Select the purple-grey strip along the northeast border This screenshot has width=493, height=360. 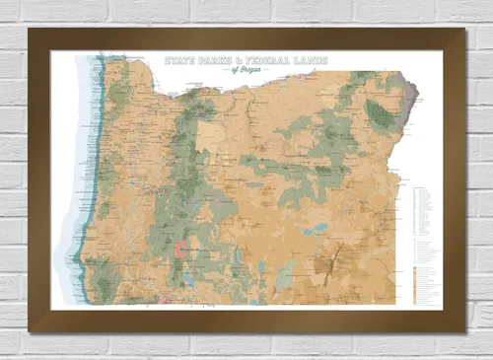415,99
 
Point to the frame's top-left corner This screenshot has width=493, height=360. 31,31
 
